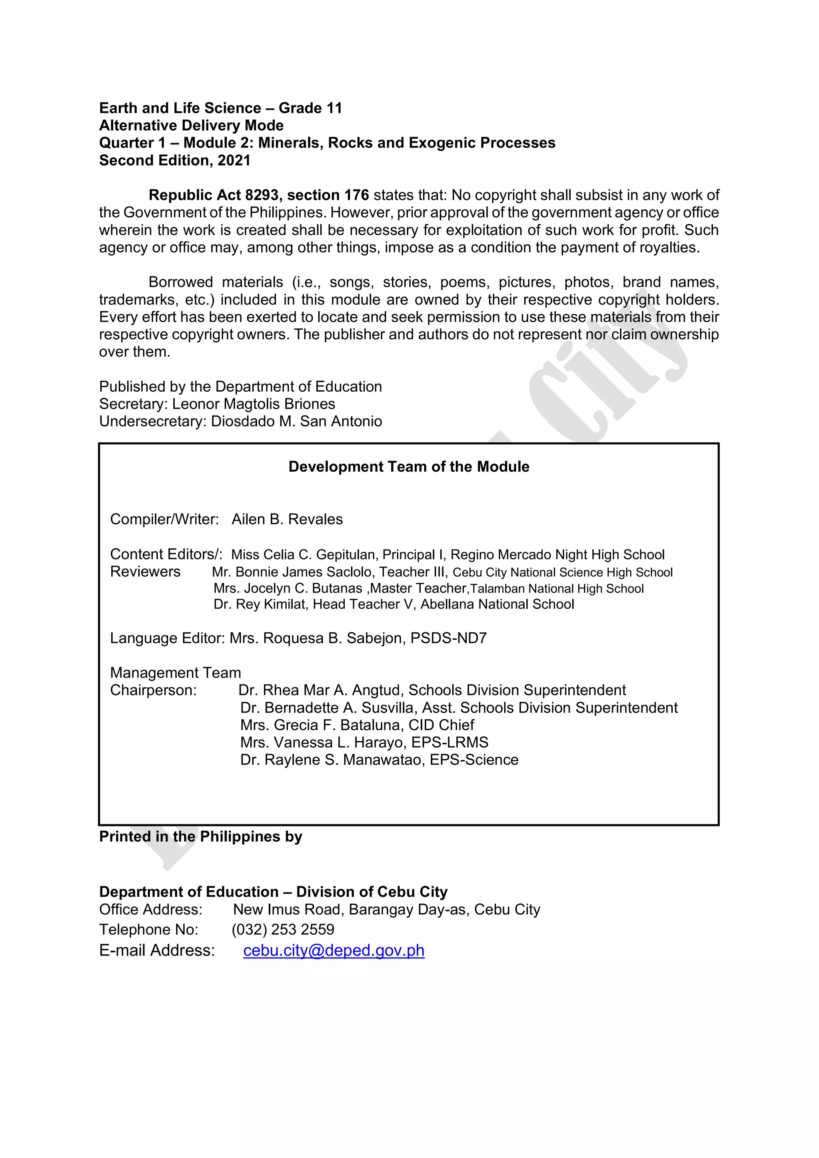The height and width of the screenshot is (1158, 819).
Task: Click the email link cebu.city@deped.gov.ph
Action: point(334,950)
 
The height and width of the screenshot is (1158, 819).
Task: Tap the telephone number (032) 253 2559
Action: point(283,930)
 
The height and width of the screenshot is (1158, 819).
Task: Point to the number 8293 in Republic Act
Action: point(262,195)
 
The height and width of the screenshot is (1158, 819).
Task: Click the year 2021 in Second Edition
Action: point(234,160)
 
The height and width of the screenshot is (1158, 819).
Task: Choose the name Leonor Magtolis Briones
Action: point(254,404)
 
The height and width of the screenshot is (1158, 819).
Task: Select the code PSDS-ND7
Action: point(448,638)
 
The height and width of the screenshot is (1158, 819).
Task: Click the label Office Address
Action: point(151,909)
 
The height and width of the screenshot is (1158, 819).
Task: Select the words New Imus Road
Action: point(288,909)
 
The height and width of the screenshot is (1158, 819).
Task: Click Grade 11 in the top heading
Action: point(310,108)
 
